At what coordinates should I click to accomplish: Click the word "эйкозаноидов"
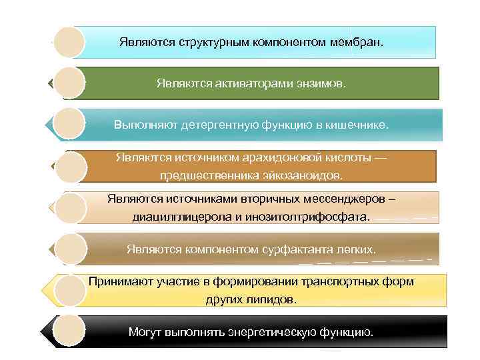tap(296, 175)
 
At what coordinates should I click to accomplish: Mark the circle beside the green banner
tap(69, 83)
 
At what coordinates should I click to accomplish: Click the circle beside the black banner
tap(69, 331)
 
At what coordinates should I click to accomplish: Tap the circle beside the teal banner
tap(69, 125)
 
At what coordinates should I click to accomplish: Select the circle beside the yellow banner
tap(69, 290)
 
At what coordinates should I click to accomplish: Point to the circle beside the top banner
tap(69, 42)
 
